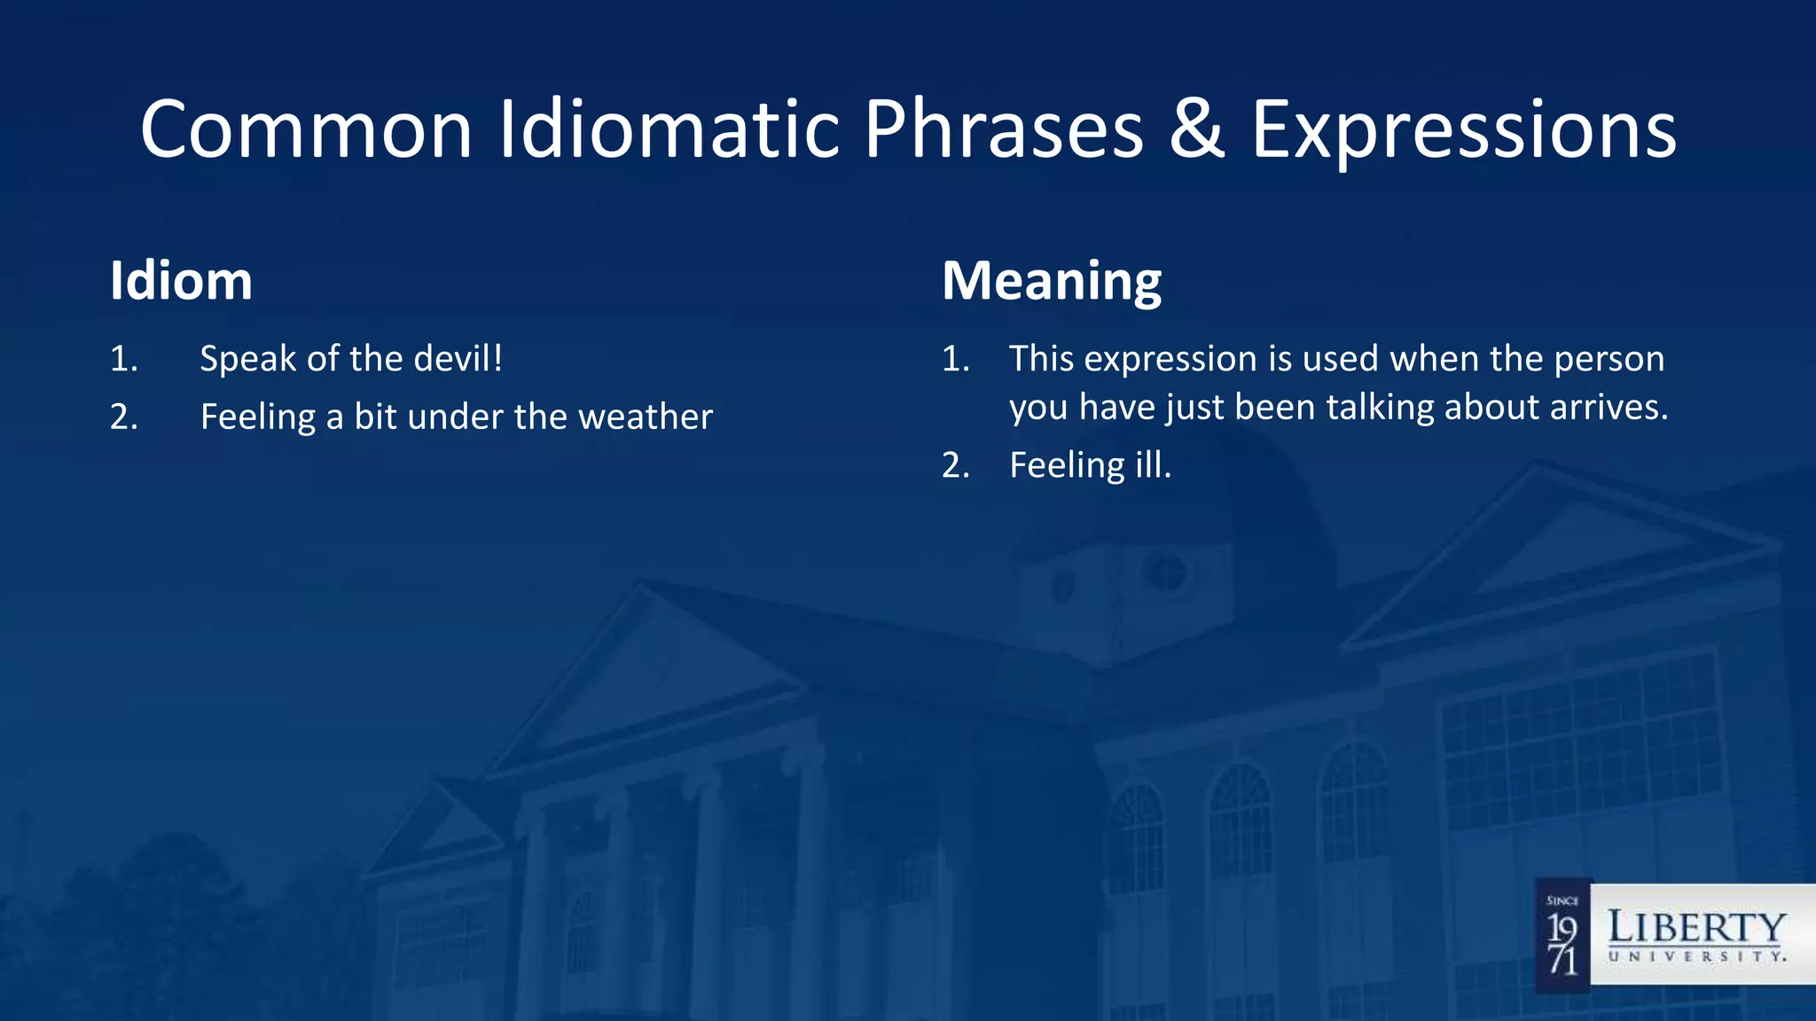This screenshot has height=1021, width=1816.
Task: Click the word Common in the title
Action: [306, 130]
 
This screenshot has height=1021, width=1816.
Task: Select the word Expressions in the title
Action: [1463, 130]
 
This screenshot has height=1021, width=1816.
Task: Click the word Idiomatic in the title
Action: [669, 130]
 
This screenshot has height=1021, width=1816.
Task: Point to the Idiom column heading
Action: [181, 281]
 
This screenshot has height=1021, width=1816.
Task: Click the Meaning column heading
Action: [1051, 281]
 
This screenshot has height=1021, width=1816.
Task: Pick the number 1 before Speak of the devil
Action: [123, 360]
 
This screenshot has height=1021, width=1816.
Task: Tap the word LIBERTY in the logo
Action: [1696, 928]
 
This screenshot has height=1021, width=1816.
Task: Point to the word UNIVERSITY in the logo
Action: [1696, 957]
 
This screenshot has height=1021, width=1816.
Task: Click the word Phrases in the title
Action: [1004, 130]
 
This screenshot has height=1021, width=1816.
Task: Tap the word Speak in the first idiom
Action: [248, 360]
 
